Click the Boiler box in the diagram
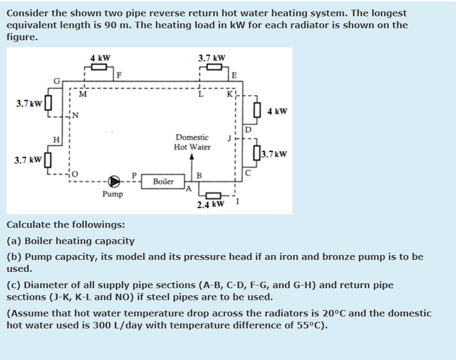tap(163, 181)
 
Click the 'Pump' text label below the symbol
tap(113, 194)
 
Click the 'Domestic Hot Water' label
tap(192, 142)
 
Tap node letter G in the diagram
tap(56, 82)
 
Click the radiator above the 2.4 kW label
tap(213, 195)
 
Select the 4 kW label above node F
tap(100, 58)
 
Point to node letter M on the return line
tap(83, 93)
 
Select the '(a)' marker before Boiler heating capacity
tap(14, 241)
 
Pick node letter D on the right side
tap(248, 129)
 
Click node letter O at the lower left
tap(76, 174)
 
